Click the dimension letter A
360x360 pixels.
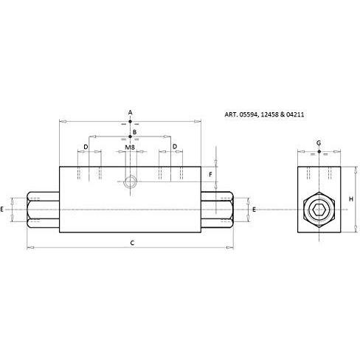pyautogui.click(x=130, y=113)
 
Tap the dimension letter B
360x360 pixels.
pyautogui.click(x=134, y=132)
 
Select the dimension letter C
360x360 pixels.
pyautogui.click(x=132, y=243)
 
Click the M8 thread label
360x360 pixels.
pyautogui.click(x=130, y=148)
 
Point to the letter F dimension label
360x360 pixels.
pyautogui.click(x=210, y=175)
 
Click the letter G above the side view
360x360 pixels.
pyautogui.click(x=319, y=143)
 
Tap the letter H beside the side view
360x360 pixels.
pyautogui.click(x=351, y=199)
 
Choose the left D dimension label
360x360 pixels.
pyautogui.click(x=86, y=147)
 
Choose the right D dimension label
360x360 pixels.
pyautogui.click(x=175, y=147)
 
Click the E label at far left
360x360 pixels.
pyautogui.click(x=2, y=210)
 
